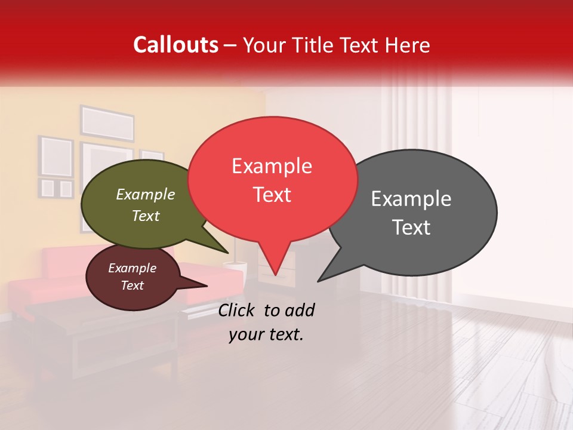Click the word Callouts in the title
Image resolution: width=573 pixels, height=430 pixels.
point(175,45)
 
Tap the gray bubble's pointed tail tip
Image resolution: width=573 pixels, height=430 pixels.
point(318,281)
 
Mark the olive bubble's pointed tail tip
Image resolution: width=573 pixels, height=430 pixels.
point(228,253)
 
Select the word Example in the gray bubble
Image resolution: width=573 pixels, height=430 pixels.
point(411,199)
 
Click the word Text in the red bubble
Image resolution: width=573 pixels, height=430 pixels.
point(272,195)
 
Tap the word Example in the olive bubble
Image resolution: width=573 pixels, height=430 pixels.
point(145,194)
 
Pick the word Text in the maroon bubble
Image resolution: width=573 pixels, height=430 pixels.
point(132,285)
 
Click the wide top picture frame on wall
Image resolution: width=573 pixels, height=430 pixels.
point(107,123)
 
